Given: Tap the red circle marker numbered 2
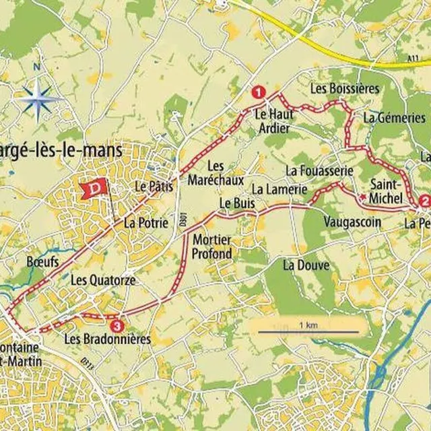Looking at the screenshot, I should pos(424,200).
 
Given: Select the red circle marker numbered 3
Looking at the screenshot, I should pos(117,326).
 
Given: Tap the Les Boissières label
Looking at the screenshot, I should pos(345,89).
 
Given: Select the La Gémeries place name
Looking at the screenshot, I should pos(394,117).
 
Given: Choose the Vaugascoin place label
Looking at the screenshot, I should pos(352,222).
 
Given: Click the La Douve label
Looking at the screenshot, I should pos(306,265).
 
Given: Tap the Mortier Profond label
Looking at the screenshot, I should pos(212,246).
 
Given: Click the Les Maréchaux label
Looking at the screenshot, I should pos(225,174).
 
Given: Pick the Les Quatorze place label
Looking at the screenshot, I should pos(103,279).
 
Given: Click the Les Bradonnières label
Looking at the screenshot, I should pos(107,340).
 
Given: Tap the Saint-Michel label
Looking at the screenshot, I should pos(387,191).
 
